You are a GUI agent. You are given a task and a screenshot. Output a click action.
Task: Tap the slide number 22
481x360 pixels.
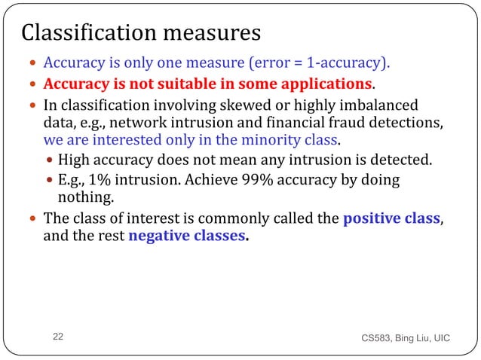point(59,337)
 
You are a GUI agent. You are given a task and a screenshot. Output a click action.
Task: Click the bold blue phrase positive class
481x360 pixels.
point(391,219)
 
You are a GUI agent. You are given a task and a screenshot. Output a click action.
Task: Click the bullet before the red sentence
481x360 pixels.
point(34,83)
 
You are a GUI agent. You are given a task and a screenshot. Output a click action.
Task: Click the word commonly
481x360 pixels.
point(274,219)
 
